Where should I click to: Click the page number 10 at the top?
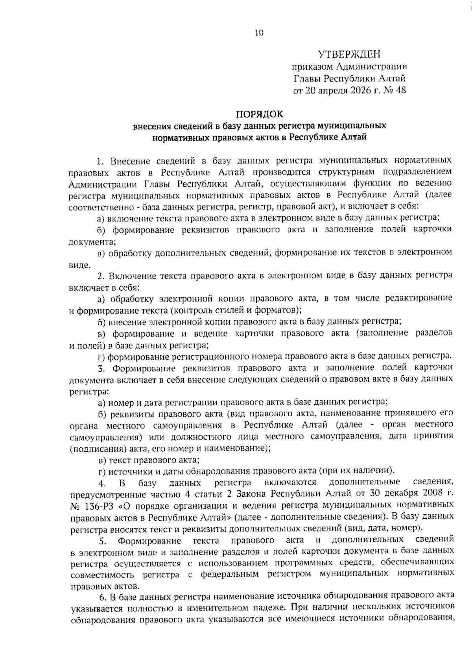click(259, 33)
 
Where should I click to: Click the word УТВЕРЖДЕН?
click(349, 54)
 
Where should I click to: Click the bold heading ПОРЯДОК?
click(259, 114)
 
